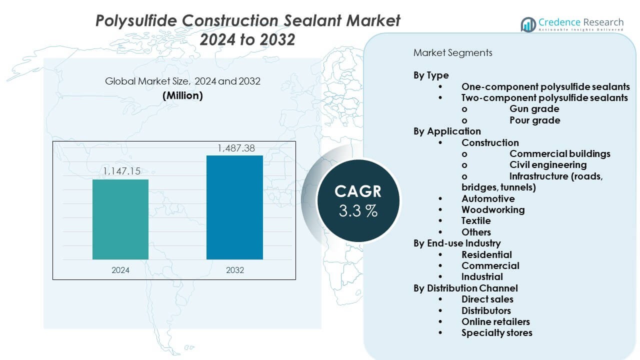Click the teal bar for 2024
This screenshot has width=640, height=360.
(x=120, y=219)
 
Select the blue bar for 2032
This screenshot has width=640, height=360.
(x=234, y=207)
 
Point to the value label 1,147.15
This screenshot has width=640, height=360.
(x=121, y=171)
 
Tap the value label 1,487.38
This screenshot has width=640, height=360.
(x=236, y=148)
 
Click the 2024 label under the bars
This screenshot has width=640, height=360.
(x=120, y=270)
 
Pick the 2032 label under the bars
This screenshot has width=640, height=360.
(x=235, y=270)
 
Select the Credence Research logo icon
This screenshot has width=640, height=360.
(x=528, y=24)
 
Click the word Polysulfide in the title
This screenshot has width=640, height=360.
(x=136, y=21)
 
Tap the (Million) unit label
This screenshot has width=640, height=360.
(x=182, y=95)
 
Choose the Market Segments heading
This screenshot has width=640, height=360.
(x=452, y=53)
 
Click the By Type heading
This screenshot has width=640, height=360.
(x=431, y=75)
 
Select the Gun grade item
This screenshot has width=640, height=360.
(x=534, y=109)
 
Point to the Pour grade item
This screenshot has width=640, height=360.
(x=534, y=120)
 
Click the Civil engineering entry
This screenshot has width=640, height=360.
(x=548, y=165)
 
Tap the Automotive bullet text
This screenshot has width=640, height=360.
(x=488, y=198)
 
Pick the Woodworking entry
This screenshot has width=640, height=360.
(x=493, y=209)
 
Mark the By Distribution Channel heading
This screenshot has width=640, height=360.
(x=465, y=288)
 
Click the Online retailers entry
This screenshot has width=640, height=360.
(x=495, y=321)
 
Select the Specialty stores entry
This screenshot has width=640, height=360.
(x=497, y=333)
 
